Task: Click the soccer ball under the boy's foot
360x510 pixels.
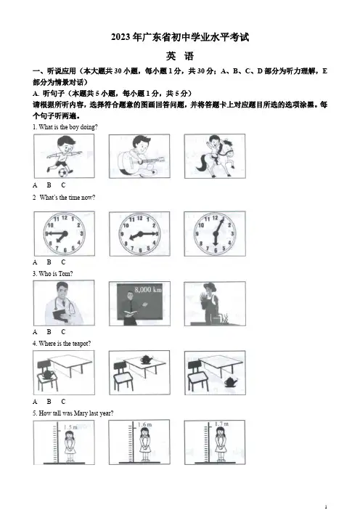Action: click(x=63, y=171)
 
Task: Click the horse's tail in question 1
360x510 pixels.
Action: click(x=202, y=163)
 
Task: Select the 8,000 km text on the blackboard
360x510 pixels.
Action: click(x=148, y=289)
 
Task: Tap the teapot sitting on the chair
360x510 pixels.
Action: click(x=46, y=373)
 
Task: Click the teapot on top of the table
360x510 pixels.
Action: click(x=147, y=360)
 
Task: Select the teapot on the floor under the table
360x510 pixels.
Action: click(x=231, y=382)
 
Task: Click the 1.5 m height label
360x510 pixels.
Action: click(x=70, y=427)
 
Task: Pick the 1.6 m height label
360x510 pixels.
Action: click(x=144, y=425)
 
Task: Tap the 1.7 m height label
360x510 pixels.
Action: click(x=221, y=424)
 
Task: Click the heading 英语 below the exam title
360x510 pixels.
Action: click(x=180, y=56)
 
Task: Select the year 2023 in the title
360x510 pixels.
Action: click(x=120, y=37)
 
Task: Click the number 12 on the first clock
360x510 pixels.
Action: click(x=65, y=218)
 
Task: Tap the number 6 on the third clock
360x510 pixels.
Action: click(x=216, y=251)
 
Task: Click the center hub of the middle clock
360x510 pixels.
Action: click(x=140, y=233)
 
